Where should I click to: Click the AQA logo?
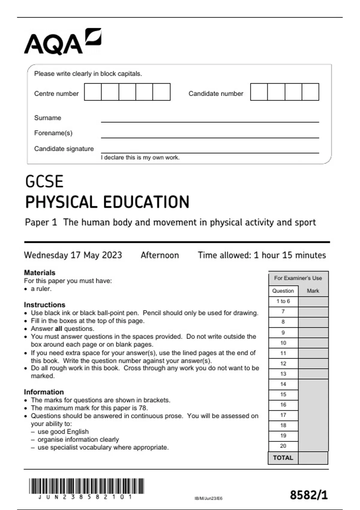tap(62, 42)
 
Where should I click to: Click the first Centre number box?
tap(93, 92)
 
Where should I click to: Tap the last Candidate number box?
tap(310, 92)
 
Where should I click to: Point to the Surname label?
tap(47, 118)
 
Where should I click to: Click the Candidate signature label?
tap(64, 149)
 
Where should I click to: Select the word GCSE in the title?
tap(44, 181)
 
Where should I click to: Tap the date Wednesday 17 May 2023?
tap(73, 255)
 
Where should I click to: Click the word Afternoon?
tap(160, 255)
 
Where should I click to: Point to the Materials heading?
tap(40, 273)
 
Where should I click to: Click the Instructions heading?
tap(44, 305)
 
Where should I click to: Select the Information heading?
tap(44, 392)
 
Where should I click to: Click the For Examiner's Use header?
tap(298, 278)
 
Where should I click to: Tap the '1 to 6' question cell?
tap(283, 301)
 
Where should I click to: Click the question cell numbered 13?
tap(283, 374)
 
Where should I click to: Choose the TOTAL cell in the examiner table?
tap(283, 458)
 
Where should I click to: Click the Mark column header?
tap(313, 291)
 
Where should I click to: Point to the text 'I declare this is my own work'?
tap(140, 157)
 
